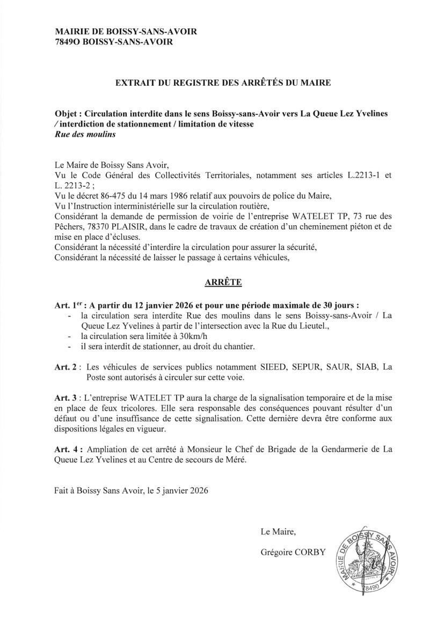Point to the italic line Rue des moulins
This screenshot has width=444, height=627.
point(86,135)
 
